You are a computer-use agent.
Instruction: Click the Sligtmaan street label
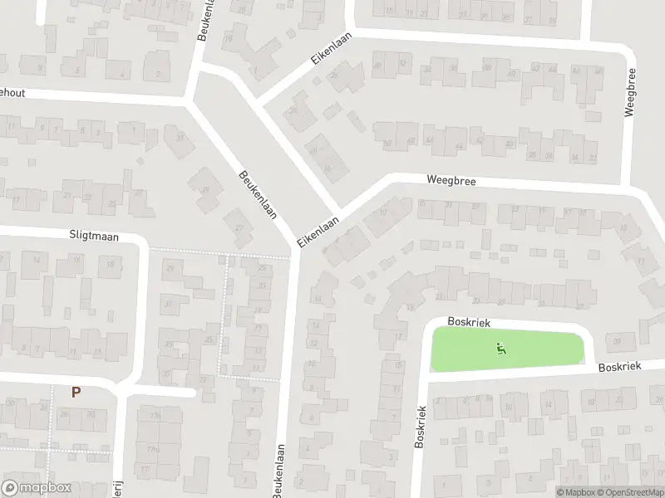click(94, 237)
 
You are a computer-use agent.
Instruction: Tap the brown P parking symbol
click(76, 393)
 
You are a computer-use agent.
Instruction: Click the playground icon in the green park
click(501, 349)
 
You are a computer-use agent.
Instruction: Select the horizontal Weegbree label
click(451, 179)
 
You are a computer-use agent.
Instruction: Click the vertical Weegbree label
click(629, 92)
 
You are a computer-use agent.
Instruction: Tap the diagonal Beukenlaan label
click(257, 193)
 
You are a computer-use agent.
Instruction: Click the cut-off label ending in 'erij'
click(118, 489)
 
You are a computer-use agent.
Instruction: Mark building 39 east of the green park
click(616, 342)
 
